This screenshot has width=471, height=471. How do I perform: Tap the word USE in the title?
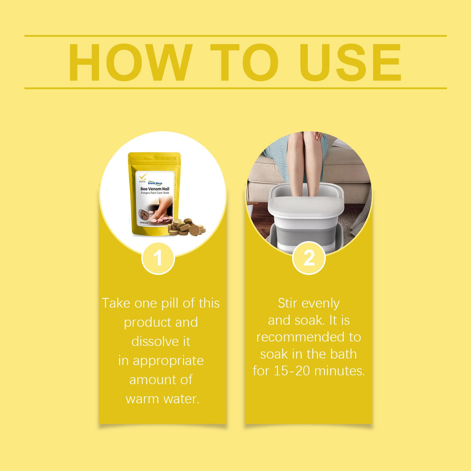click(350, 63)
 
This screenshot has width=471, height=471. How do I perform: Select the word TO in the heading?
click(245, 63)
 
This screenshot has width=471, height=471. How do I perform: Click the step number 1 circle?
click(158, 258)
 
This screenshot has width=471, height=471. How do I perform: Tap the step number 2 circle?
click(309, 258)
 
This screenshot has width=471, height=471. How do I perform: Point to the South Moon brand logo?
click(155, 183)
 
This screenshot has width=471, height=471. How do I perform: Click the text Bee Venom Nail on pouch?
click(155, 189)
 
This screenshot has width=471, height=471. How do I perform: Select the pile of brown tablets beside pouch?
click(187, 228)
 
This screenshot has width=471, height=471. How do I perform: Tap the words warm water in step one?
click(162, 398)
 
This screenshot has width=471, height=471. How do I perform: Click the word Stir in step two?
click(287, 303)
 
